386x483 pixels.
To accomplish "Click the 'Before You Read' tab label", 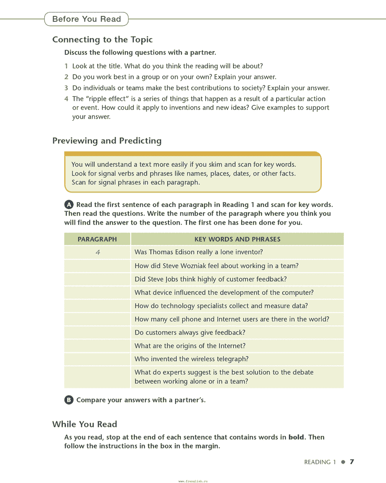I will [x=87, y=19].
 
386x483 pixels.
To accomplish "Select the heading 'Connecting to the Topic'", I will [x=102, y=39].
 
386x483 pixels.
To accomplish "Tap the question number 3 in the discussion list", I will [x=66, y=88].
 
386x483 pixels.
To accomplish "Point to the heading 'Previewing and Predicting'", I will [x=107, y=141].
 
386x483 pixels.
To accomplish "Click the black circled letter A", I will [x=69, y=205].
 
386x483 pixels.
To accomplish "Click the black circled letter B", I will [x=69, y=400].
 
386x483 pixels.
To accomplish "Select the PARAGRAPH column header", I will [x=97, y=239].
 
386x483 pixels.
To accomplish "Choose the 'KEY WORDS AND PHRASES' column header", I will [x=237, y=239].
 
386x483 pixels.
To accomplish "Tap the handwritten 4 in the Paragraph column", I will [x=98, y=252].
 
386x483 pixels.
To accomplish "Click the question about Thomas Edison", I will [x=199, y=252].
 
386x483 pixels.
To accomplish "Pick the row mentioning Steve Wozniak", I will [x=216, y=266].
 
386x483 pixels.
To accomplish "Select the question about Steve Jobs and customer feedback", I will [x=211, y=279].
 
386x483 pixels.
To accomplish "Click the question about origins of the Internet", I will [x=190, y=346].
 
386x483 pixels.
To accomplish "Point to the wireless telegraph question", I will [x=191, y=359].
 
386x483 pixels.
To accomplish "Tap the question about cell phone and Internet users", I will [x=232, y=319].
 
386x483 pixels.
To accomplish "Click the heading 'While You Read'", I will [x=85, y=424].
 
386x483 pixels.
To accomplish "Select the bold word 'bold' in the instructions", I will [x=296, y=437].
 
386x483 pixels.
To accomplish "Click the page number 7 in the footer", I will [x=352, y=462].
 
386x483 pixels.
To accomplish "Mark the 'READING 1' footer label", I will [x=320, y=462].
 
